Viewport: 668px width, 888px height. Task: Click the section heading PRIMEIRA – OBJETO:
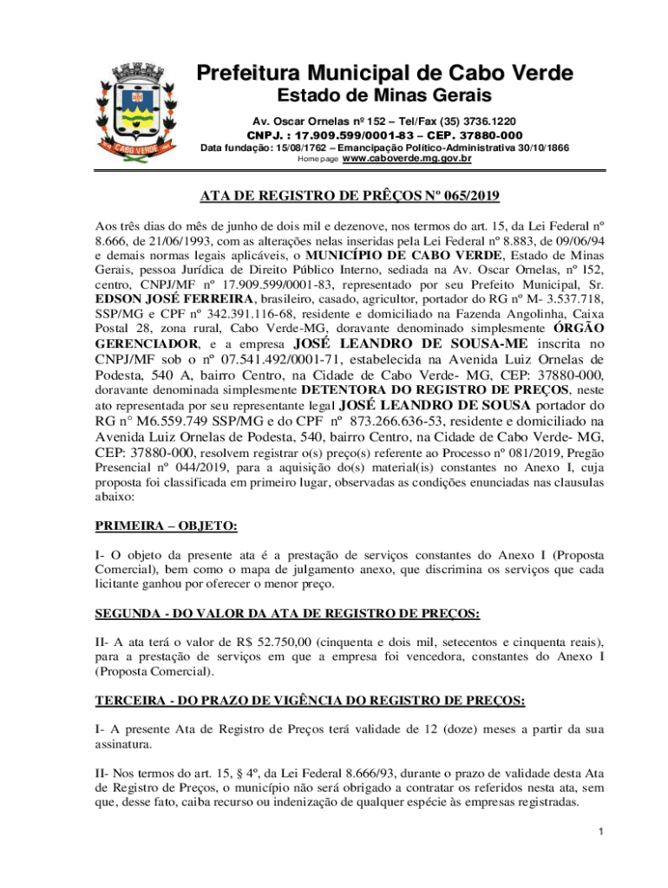coord(166,526)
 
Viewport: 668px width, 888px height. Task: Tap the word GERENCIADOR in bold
coord(147,343)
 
